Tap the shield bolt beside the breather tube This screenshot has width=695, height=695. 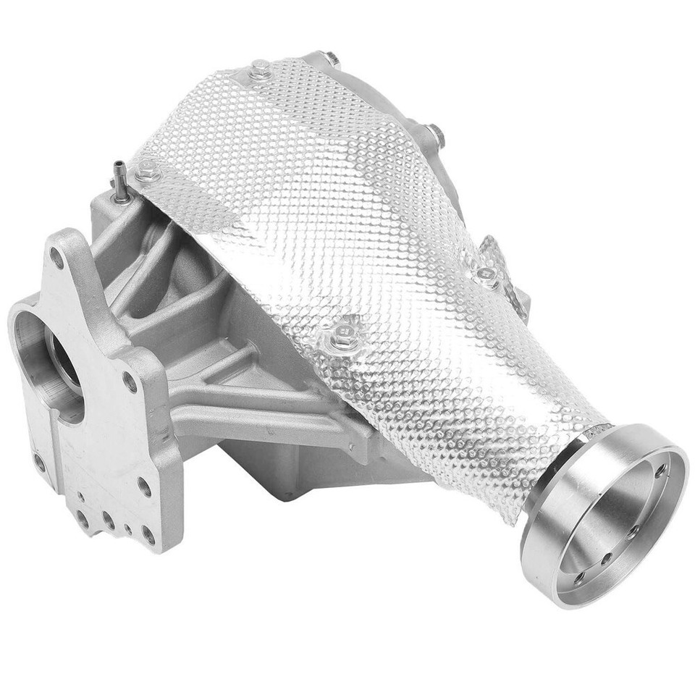(148, 172)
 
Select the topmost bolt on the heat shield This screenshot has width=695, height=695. (258, 71)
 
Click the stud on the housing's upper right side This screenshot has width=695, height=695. (436, 134)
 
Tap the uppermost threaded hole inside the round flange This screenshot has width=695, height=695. (661, 471)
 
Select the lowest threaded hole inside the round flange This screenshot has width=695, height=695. (579, 577)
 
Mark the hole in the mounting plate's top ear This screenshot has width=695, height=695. (56, 256)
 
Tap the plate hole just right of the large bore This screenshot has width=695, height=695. (130, 382)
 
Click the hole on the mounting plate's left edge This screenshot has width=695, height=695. (39, 461)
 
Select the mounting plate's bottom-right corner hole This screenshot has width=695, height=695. (148, 536)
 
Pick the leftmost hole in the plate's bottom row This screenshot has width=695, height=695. (82, 518)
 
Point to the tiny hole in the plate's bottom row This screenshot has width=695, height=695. (128, 529)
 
